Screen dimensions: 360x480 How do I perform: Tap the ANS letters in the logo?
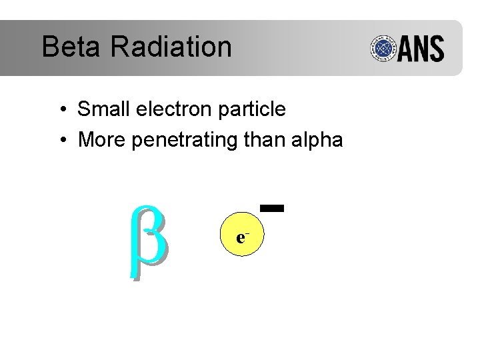click(x=422, y=49)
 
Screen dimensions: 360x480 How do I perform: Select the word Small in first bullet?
click(x=102, y=109)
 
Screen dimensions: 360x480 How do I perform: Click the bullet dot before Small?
click(x=61, y=110)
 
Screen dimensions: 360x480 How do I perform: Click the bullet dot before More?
click(x=61, y=141)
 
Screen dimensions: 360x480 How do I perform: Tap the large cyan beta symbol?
click(x=149, y=240)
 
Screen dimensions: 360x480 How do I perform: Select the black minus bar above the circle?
click(x=273, y=208)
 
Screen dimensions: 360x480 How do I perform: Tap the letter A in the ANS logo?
click(x=407, y=49)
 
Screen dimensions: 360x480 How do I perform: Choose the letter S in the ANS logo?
click(x=437, y=49)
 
